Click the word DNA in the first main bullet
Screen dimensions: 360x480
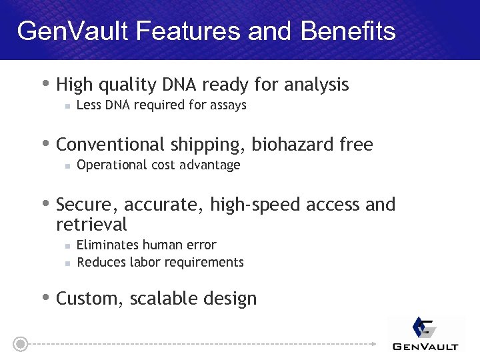click(183, 85)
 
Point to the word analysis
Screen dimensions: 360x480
click(316, 85)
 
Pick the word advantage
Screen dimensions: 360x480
click(213, 165)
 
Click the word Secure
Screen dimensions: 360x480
click(85, 205)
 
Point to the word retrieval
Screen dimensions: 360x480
click(91, 223)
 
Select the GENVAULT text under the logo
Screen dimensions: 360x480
click(425, 347)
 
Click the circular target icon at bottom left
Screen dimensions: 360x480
click(21, 344)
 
